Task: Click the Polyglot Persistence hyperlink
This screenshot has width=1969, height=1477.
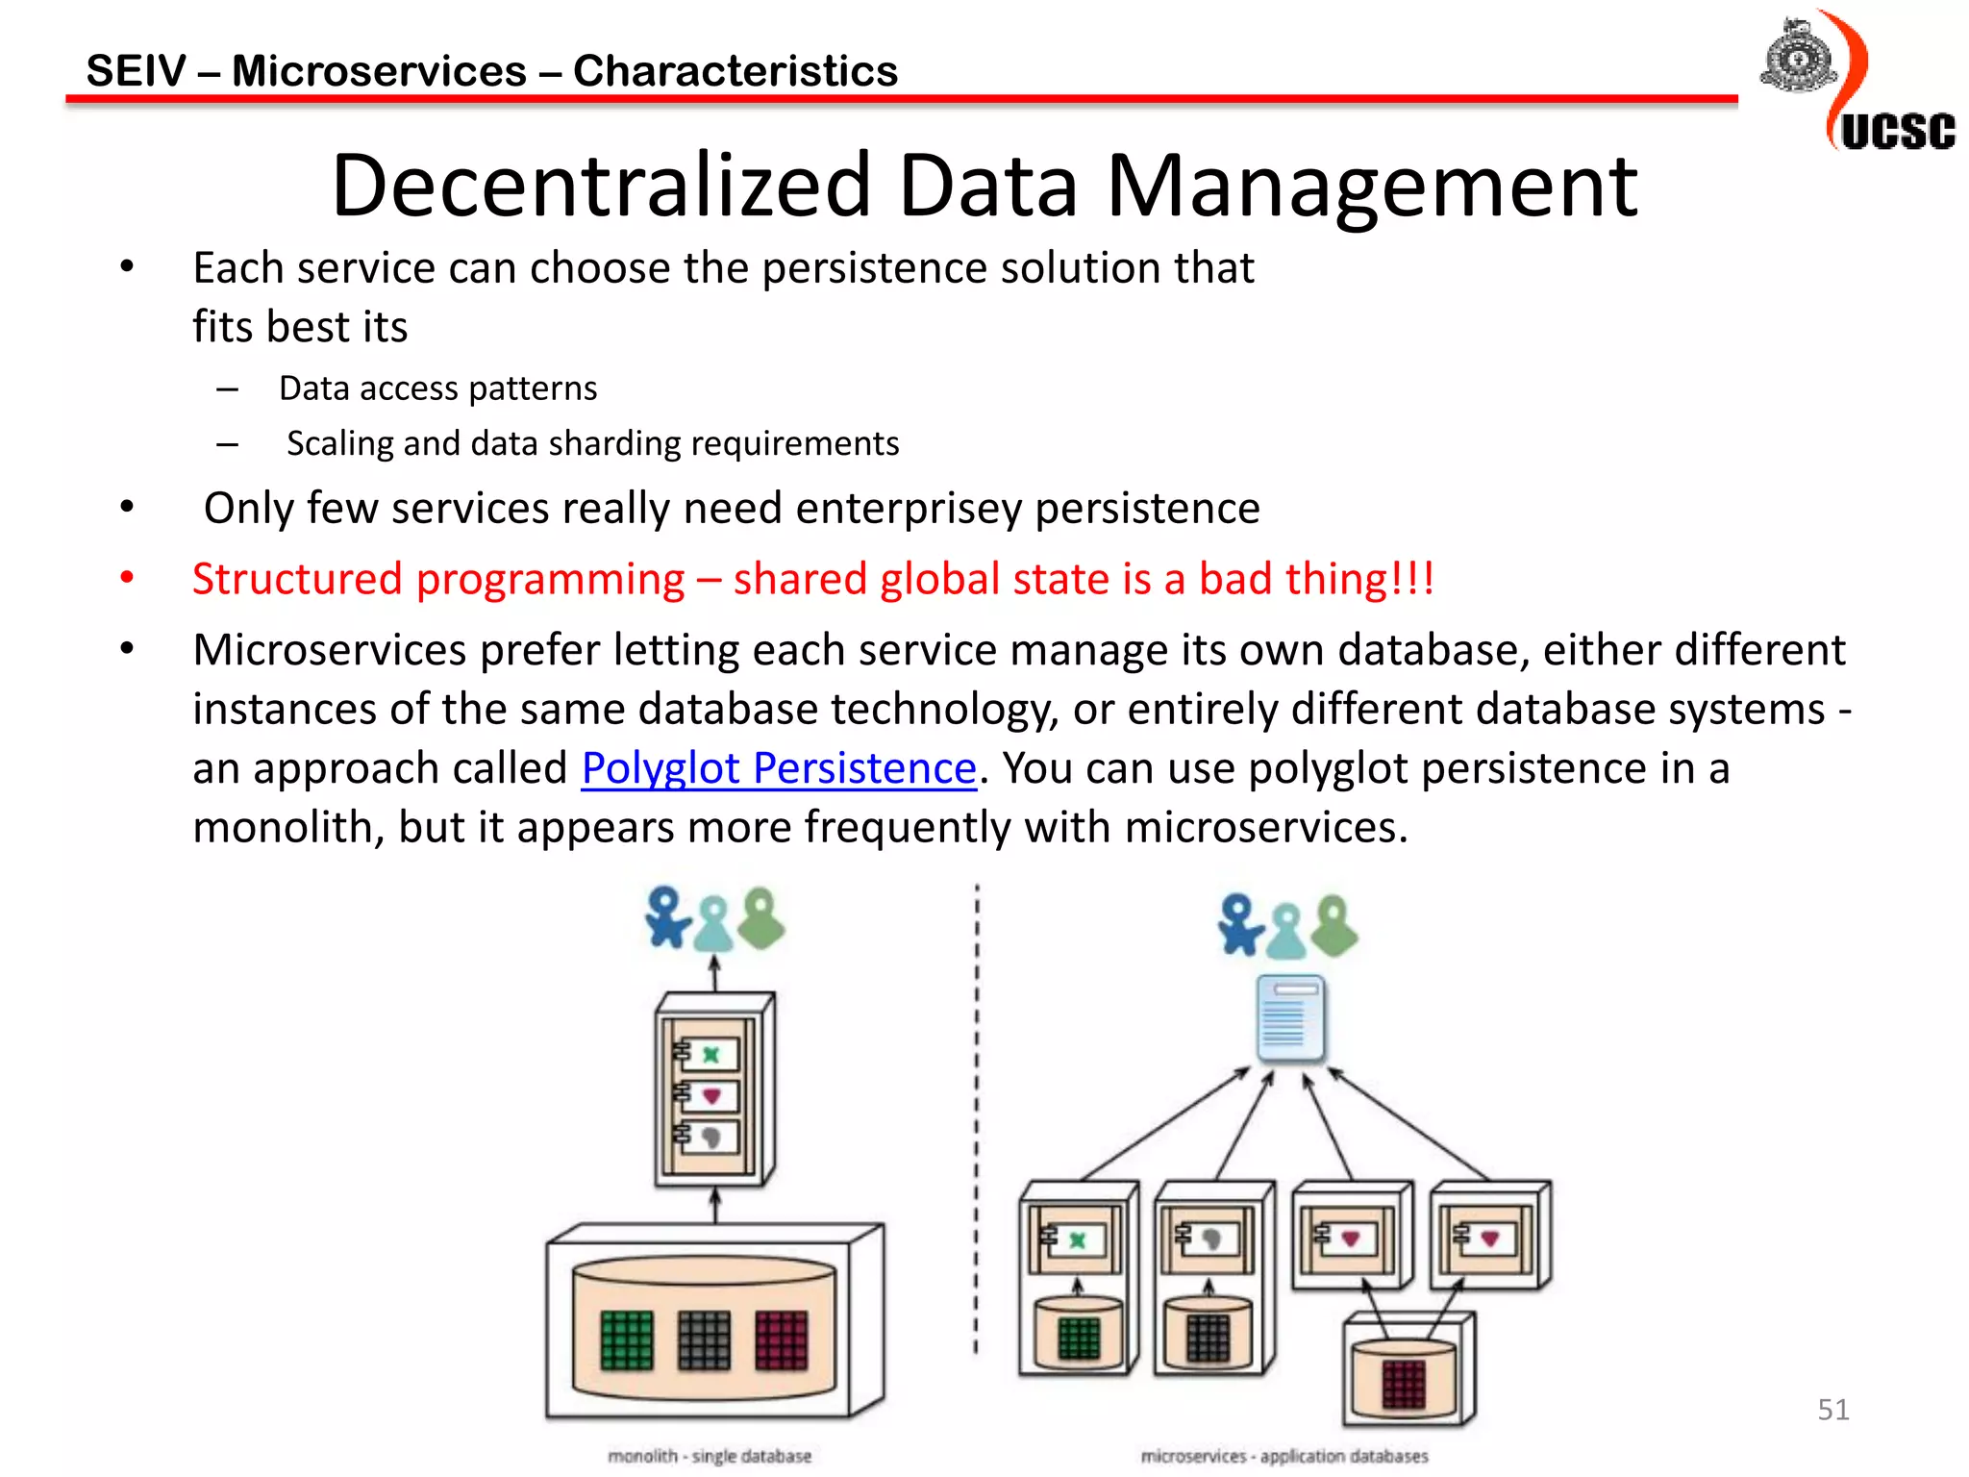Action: tap(779, 768)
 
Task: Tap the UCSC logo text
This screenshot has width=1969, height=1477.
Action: tap(1897, 132)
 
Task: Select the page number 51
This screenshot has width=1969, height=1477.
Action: tap(1832, 1410)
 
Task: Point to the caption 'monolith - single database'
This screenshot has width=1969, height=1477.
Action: tap(710, 1456)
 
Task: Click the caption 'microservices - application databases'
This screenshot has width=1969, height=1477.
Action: tap(1284, 1456)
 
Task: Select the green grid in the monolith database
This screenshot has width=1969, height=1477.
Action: tap(627, 1339)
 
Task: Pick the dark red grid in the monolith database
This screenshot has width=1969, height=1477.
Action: tap(781, 1339)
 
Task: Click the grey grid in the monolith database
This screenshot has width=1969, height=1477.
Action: tap(704, 1339)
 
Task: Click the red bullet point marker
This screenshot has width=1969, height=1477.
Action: tap(127, 578)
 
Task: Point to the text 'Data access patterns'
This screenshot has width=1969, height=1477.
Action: tap(437, 388)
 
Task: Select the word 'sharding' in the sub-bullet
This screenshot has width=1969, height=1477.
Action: tap(614, 443)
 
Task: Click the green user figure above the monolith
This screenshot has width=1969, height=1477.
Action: tap(762, 918)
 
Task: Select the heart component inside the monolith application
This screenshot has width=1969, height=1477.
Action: tap(711, 1096)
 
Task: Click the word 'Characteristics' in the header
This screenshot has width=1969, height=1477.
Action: tap(735, 71)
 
